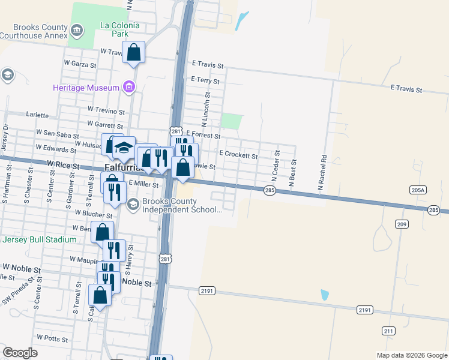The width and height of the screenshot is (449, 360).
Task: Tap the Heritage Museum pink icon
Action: pos(128,88)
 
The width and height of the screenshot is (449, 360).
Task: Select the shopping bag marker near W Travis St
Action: pos(134,53)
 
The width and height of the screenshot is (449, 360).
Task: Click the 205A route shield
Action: pos(418,190)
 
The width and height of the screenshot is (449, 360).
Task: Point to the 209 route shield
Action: pos(402,224)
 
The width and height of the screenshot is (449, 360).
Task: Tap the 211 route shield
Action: pos(388,331)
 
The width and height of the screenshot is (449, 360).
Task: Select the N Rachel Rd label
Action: pos(322,173)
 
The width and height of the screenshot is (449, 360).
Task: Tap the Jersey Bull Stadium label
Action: pos(40,239)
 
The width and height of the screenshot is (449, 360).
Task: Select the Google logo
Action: pos(20,353)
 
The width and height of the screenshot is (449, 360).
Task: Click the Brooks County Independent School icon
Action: pos(133,205)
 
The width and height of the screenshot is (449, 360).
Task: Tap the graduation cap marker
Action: pos(124,148)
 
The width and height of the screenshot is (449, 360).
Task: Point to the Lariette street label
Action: pos(37,114)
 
